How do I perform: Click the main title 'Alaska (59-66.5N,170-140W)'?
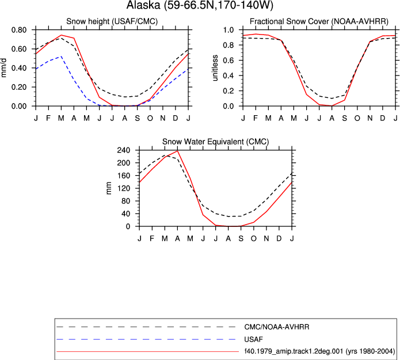tap(200, 5)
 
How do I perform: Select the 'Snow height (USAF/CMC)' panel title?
tap(112, 21)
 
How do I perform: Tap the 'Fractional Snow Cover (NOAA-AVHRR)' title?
tap(319, 21)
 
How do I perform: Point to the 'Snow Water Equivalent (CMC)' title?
tap(216, 142)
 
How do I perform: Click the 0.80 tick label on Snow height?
tap(19, 30)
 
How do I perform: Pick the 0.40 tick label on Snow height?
tap(19, 68)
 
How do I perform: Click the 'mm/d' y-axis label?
tap(4, 68)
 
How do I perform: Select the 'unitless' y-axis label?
tap(215, 68)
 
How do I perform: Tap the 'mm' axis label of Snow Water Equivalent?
tap(109, 188)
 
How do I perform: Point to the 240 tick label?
tap(124, 150)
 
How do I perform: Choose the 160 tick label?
tap(124, 176)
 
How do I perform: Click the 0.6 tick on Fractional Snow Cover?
tap(228, 60)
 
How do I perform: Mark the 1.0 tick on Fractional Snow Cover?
tap(228, 30)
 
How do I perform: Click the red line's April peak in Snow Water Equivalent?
tap(177, 151)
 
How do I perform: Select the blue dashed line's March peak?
tap(61, 56)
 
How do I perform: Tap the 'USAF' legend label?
tap(254, 339)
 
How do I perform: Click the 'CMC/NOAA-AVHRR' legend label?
tap(276, 327)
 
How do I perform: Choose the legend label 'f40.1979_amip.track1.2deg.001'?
tap(294, 351)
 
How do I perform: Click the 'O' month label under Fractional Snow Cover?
tap(357, 118)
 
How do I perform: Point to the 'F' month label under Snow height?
tap(48, 118)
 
